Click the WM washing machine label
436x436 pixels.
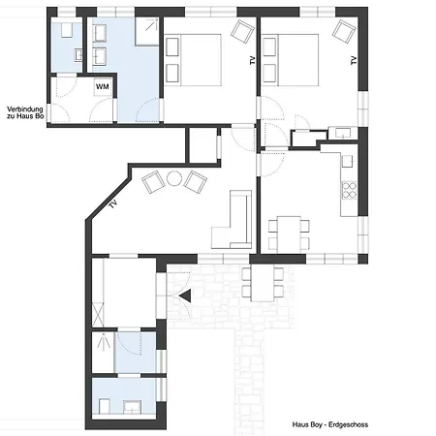[103, 87]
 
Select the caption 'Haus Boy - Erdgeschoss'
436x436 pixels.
[329, 424]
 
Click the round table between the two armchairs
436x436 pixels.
[174, 178]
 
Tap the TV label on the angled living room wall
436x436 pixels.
[114, 205]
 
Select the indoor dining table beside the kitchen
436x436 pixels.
[291, 230]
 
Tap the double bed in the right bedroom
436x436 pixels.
[294, 58]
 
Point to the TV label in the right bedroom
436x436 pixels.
[354, 60]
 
